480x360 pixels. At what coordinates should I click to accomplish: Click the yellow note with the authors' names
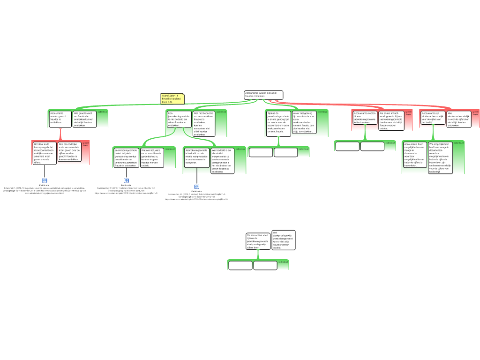pyautogui.click(x=172, y=99)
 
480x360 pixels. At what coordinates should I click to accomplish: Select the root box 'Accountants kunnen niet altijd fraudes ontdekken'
pyautogui.click(x=263, y=95)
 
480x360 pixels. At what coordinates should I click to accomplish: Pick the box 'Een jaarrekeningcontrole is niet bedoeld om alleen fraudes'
pyautogui.click(x=179, y=119)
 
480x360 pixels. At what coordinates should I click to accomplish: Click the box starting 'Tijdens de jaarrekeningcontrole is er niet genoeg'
pyautogui.click(x=278, y=122)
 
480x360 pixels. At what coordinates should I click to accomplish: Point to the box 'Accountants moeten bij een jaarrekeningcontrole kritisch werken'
pyautogui.click(x=365, y=117)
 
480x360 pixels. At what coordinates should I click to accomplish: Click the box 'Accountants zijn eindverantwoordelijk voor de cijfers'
pyautogui.click(x=433, y=117)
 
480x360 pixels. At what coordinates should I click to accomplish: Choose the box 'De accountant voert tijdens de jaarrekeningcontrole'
pyautogui.click(x=258, y=241)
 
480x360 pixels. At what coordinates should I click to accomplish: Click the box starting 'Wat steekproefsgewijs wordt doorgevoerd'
pyautogui.click(x=283, y=240)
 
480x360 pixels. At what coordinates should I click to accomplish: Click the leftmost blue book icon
pyautogui.click(x=45, y=180)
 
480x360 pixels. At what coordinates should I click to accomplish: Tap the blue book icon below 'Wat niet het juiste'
pyautogui.click(x=126, y=180)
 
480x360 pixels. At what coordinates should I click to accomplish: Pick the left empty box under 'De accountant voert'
pyautogui.click(x=240, y=265)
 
